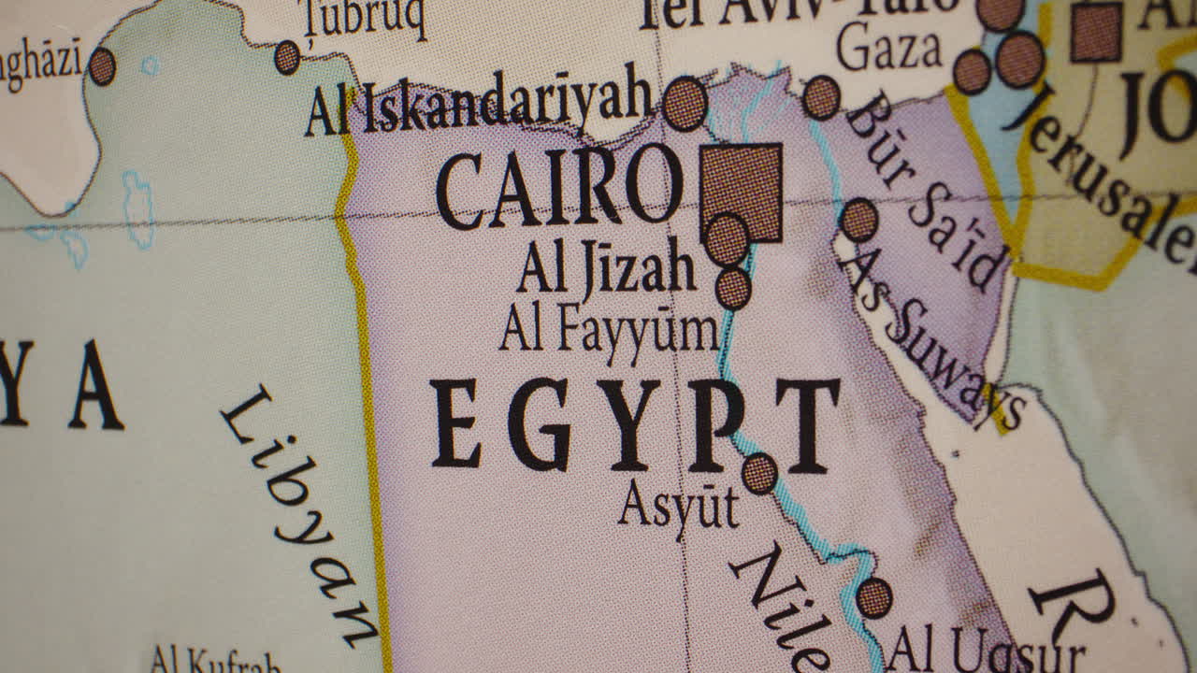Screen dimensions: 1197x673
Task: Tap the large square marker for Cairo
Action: (742, 191)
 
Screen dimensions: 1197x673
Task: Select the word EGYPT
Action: (634, 424)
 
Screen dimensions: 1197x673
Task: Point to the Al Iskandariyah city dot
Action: (685, 103)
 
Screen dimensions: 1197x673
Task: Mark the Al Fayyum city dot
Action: (733, 288)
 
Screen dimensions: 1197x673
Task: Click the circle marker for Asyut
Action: (759, 473)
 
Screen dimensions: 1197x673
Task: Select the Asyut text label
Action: (678, 508)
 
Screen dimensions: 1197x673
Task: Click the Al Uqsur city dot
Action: (873, 597)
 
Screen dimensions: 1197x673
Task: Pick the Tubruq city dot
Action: (287, 57)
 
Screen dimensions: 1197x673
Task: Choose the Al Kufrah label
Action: (215, 661)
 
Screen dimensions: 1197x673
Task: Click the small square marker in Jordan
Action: (1096, 33)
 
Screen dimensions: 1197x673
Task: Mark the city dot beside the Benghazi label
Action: (102, 66)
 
